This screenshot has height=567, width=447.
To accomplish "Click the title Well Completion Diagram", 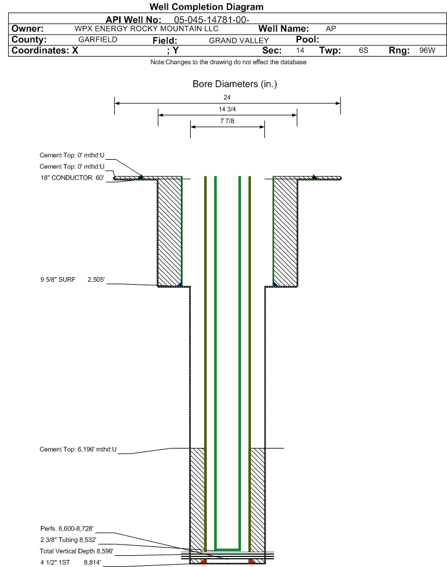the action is pyautogui.click(x=207, y=7).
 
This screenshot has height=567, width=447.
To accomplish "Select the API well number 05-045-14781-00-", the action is pyautogui.click(x=212, y=20).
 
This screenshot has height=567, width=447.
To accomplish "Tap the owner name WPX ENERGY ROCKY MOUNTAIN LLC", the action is pyautogui.click(x=147, y=29).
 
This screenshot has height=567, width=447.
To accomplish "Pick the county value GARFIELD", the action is pyautogui.click(x=98, y=39).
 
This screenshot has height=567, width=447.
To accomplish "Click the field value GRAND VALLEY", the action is pyautogui.click(x=239, y=41).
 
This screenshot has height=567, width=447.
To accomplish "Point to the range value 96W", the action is pyautogui.click(x=428, y=50).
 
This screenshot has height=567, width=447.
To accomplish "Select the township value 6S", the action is pyautogui.click(x=363, y=50).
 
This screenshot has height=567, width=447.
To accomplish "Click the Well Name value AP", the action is pyautogui.click(x=330, y=29).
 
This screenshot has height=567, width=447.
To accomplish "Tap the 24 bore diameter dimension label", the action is pyautogui.click(x=227, y=97).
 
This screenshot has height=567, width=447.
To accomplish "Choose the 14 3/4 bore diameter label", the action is pyautogui.click(x=227, y=109).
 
